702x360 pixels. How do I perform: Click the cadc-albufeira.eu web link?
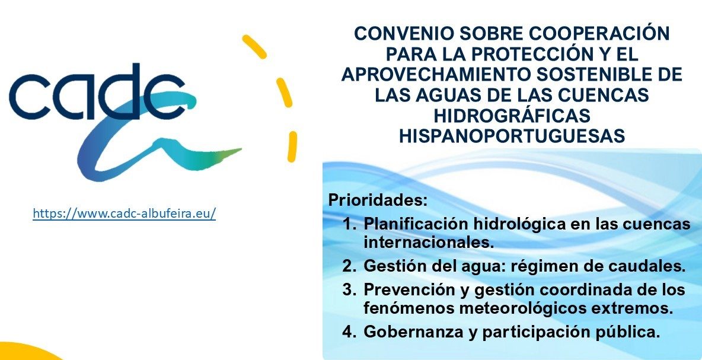pos(125,213)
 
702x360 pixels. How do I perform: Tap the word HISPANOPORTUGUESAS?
pos(512,136)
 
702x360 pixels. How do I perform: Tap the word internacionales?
pos(429,243)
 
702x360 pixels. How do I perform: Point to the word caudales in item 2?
pos(648,266)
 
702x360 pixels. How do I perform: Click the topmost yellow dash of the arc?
pos(254,46)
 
